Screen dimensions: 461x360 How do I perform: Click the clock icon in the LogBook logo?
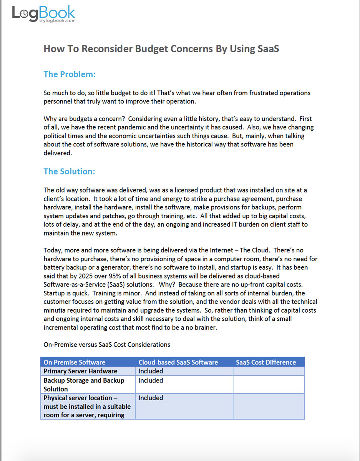pos(24,14)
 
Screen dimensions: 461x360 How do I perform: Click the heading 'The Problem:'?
pos(70,74)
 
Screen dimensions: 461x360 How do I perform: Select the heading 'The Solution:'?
pos(69,171)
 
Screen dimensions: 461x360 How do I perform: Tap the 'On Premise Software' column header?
pos(74,362)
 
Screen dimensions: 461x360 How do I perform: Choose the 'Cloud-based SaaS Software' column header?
pos(178,362)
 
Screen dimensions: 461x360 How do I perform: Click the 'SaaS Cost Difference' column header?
pos(266,362)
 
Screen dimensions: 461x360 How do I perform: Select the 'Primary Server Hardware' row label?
pos(80,371)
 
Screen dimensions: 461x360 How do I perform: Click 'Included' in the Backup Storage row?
pos(151,380)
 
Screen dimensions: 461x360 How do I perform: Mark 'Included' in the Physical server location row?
pos(151,398)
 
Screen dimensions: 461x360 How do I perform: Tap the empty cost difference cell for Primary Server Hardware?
pos(268,371)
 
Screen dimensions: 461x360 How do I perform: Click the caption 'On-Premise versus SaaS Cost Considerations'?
pos(107,345)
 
